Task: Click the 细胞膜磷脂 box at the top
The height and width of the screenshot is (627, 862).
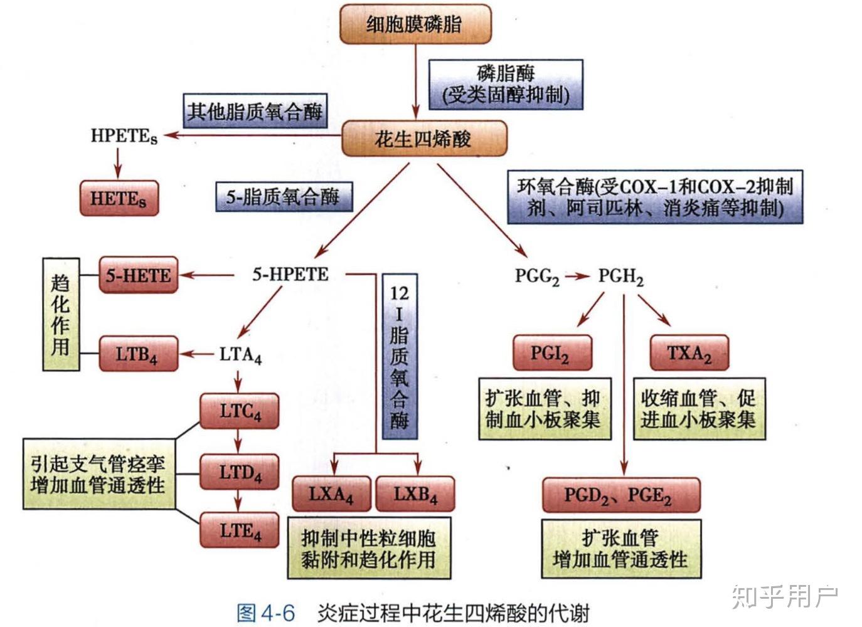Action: tap(415, 24)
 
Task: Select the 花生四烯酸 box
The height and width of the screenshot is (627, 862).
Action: tap(423, 138)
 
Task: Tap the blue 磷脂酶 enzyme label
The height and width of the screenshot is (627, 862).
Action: tap(505, 84)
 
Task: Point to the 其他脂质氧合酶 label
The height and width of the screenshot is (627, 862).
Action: tap(255, 112)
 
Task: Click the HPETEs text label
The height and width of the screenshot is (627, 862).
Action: tap(124, 135)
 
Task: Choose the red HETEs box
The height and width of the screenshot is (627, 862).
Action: tap(119, 199)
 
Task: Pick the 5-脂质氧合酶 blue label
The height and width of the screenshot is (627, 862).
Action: tap(283, 197)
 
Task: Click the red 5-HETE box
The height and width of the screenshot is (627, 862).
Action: tap(138, 275)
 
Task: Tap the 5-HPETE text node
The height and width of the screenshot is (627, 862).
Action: tap(290, 275)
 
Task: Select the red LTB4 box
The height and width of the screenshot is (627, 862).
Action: tap(138, 354)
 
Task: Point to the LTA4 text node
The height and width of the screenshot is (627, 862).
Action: tap(240, 355)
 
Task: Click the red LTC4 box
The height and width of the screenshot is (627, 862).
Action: tap(239, 411)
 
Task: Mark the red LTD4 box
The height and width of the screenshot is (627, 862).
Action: tap(239, 472)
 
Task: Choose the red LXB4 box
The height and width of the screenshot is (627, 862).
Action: tap(415, 494)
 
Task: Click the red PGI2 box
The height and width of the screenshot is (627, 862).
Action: tap(551, 353)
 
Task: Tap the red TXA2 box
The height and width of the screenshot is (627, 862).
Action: tap(689, 353)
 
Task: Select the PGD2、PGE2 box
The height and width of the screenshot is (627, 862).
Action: tap(620, 495)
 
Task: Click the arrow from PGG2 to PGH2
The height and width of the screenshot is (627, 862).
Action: tap(577, 276)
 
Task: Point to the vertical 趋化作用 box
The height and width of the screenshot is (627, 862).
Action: tap(61, 314)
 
